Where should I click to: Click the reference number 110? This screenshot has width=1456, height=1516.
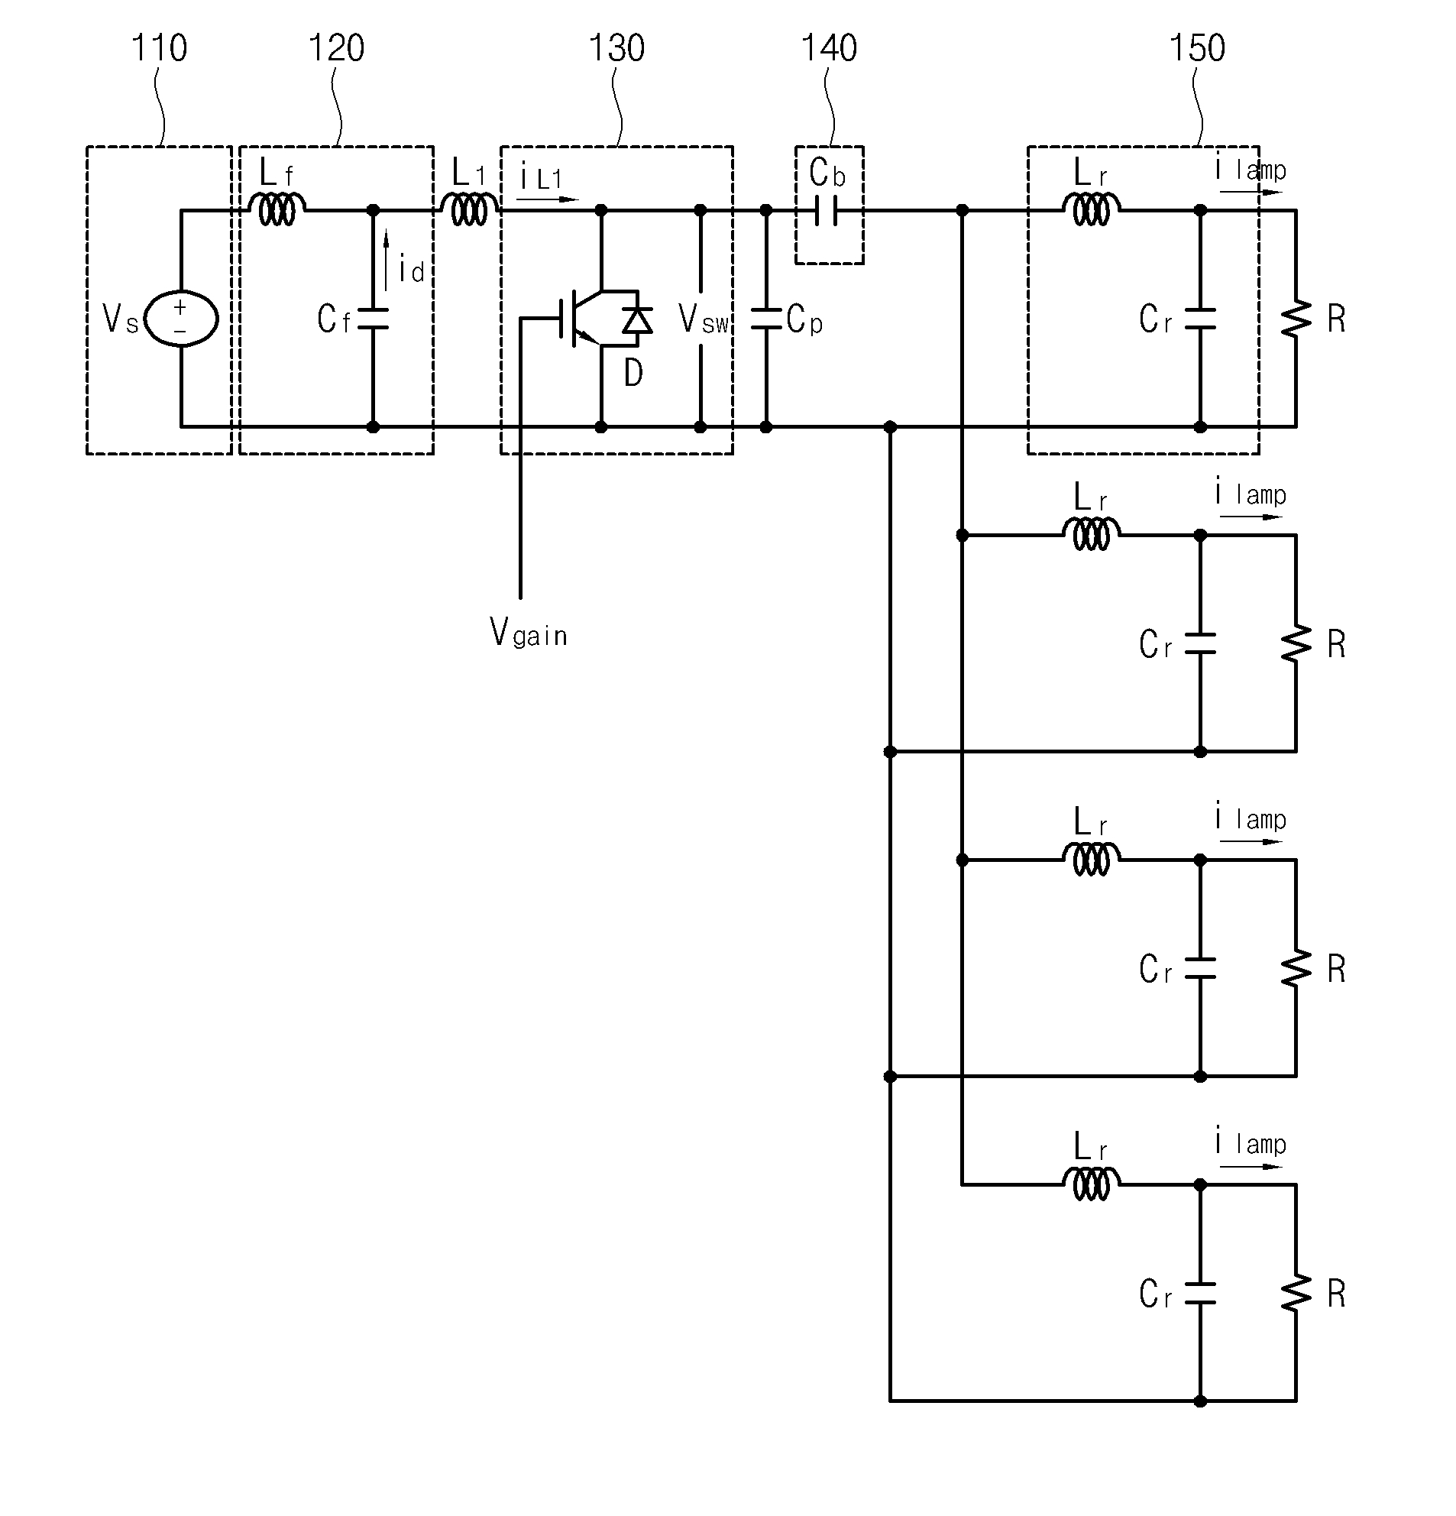[160, 48]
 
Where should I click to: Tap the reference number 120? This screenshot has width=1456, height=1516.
[336, 48]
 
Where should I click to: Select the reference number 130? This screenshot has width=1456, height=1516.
[616, 48]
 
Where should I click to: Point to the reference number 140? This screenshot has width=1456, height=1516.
[829, 48]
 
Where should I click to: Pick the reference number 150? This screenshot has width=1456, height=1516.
[1197, 48]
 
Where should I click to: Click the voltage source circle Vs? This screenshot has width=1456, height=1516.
[183, 319]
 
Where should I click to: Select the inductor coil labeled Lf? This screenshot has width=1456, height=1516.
[277, 209]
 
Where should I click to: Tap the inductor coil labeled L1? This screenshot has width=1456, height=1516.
[469, 209]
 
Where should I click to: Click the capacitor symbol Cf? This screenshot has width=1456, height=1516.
[373, 319]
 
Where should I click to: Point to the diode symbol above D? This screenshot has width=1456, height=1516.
[637, 319]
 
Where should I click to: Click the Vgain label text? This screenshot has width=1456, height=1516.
[529, 632]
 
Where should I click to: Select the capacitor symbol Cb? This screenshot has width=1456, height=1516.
[826, 210]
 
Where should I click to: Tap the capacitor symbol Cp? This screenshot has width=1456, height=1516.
[766, 319]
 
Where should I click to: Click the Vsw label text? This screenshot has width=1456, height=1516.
[704, 319]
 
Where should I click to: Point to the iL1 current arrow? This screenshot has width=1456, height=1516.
[548, 199]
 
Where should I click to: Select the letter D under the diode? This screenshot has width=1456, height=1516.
[633, 374]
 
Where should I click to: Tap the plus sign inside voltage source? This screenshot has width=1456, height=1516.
[180, 307]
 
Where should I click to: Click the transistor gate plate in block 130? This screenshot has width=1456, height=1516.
[561, 319]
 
